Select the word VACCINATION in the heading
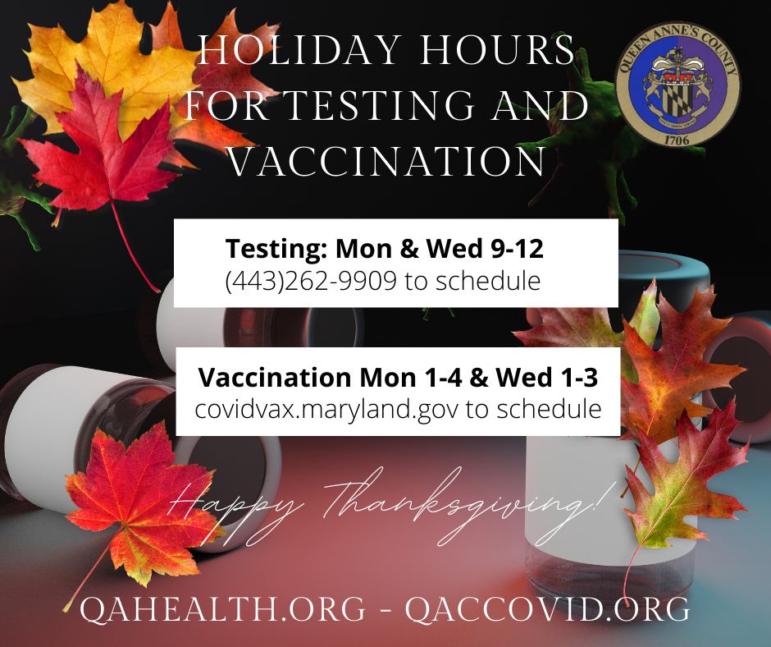pyautogui.click(x=386, y=161)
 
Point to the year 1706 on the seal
pyautogui.click(x=677, y=139)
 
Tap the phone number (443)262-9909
pyautogui.click(x=312, y=282)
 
